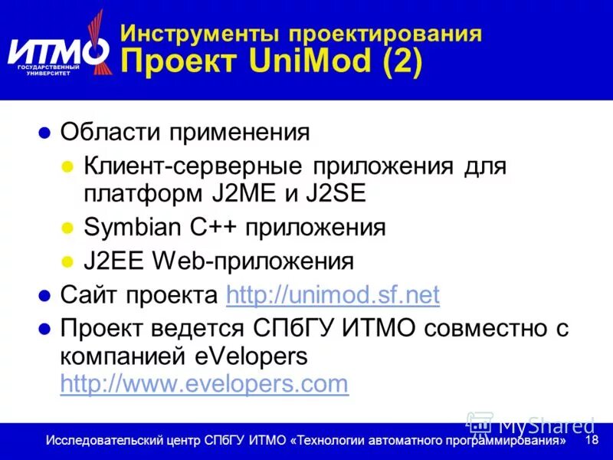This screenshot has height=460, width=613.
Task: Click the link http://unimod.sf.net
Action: (x=333, y=294)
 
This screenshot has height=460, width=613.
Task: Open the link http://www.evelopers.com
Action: (x=204, y=383)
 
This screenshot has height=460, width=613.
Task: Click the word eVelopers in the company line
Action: (x=256, y=356)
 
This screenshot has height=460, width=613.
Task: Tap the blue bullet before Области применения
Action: (x=44, y=132)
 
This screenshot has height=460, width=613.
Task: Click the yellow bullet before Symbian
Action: (x=67, y=228)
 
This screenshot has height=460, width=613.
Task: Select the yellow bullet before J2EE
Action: (x=67, y=261)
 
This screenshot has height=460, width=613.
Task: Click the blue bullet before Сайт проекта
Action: (x=44, y=295)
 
